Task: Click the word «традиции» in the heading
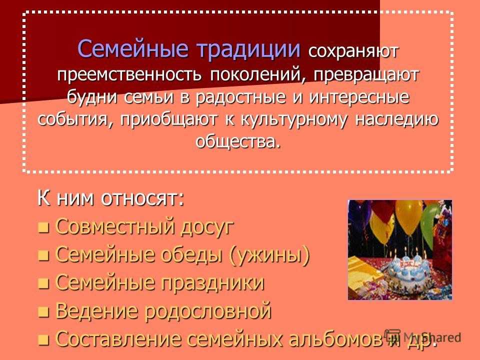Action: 248,49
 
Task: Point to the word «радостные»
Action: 241,98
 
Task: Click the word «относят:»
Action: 142,198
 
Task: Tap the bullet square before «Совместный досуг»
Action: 43,228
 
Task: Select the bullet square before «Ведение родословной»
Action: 43,312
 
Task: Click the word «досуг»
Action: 207,227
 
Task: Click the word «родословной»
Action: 208,311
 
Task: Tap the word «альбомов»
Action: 335,339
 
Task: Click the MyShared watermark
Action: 423,337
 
